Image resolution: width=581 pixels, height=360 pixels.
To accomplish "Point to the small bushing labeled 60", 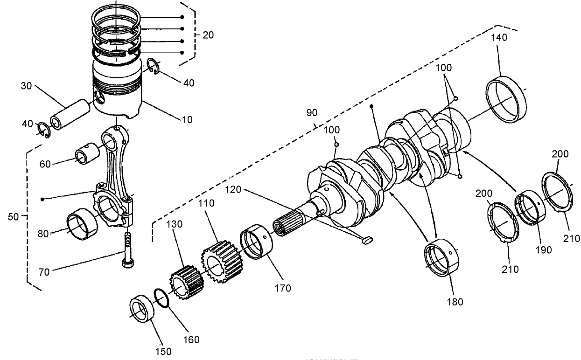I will point(87,154).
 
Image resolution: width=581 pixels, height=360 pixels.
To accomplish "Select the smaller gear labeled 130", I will point(186,283).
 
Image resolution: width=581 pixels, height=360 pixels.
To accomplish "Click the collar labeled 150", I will point(143,309).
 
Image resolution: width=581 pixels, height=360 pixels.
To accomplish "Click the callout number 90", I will point(312,113).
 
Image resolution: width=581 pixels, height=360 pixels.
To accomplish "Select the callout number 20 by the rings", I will point(209,35).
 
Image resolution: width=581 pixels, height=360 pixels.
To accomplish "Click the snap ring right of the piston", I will point(154,66).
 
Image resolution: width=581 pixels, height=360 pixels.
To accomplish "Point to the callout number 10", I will point(186,119).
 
